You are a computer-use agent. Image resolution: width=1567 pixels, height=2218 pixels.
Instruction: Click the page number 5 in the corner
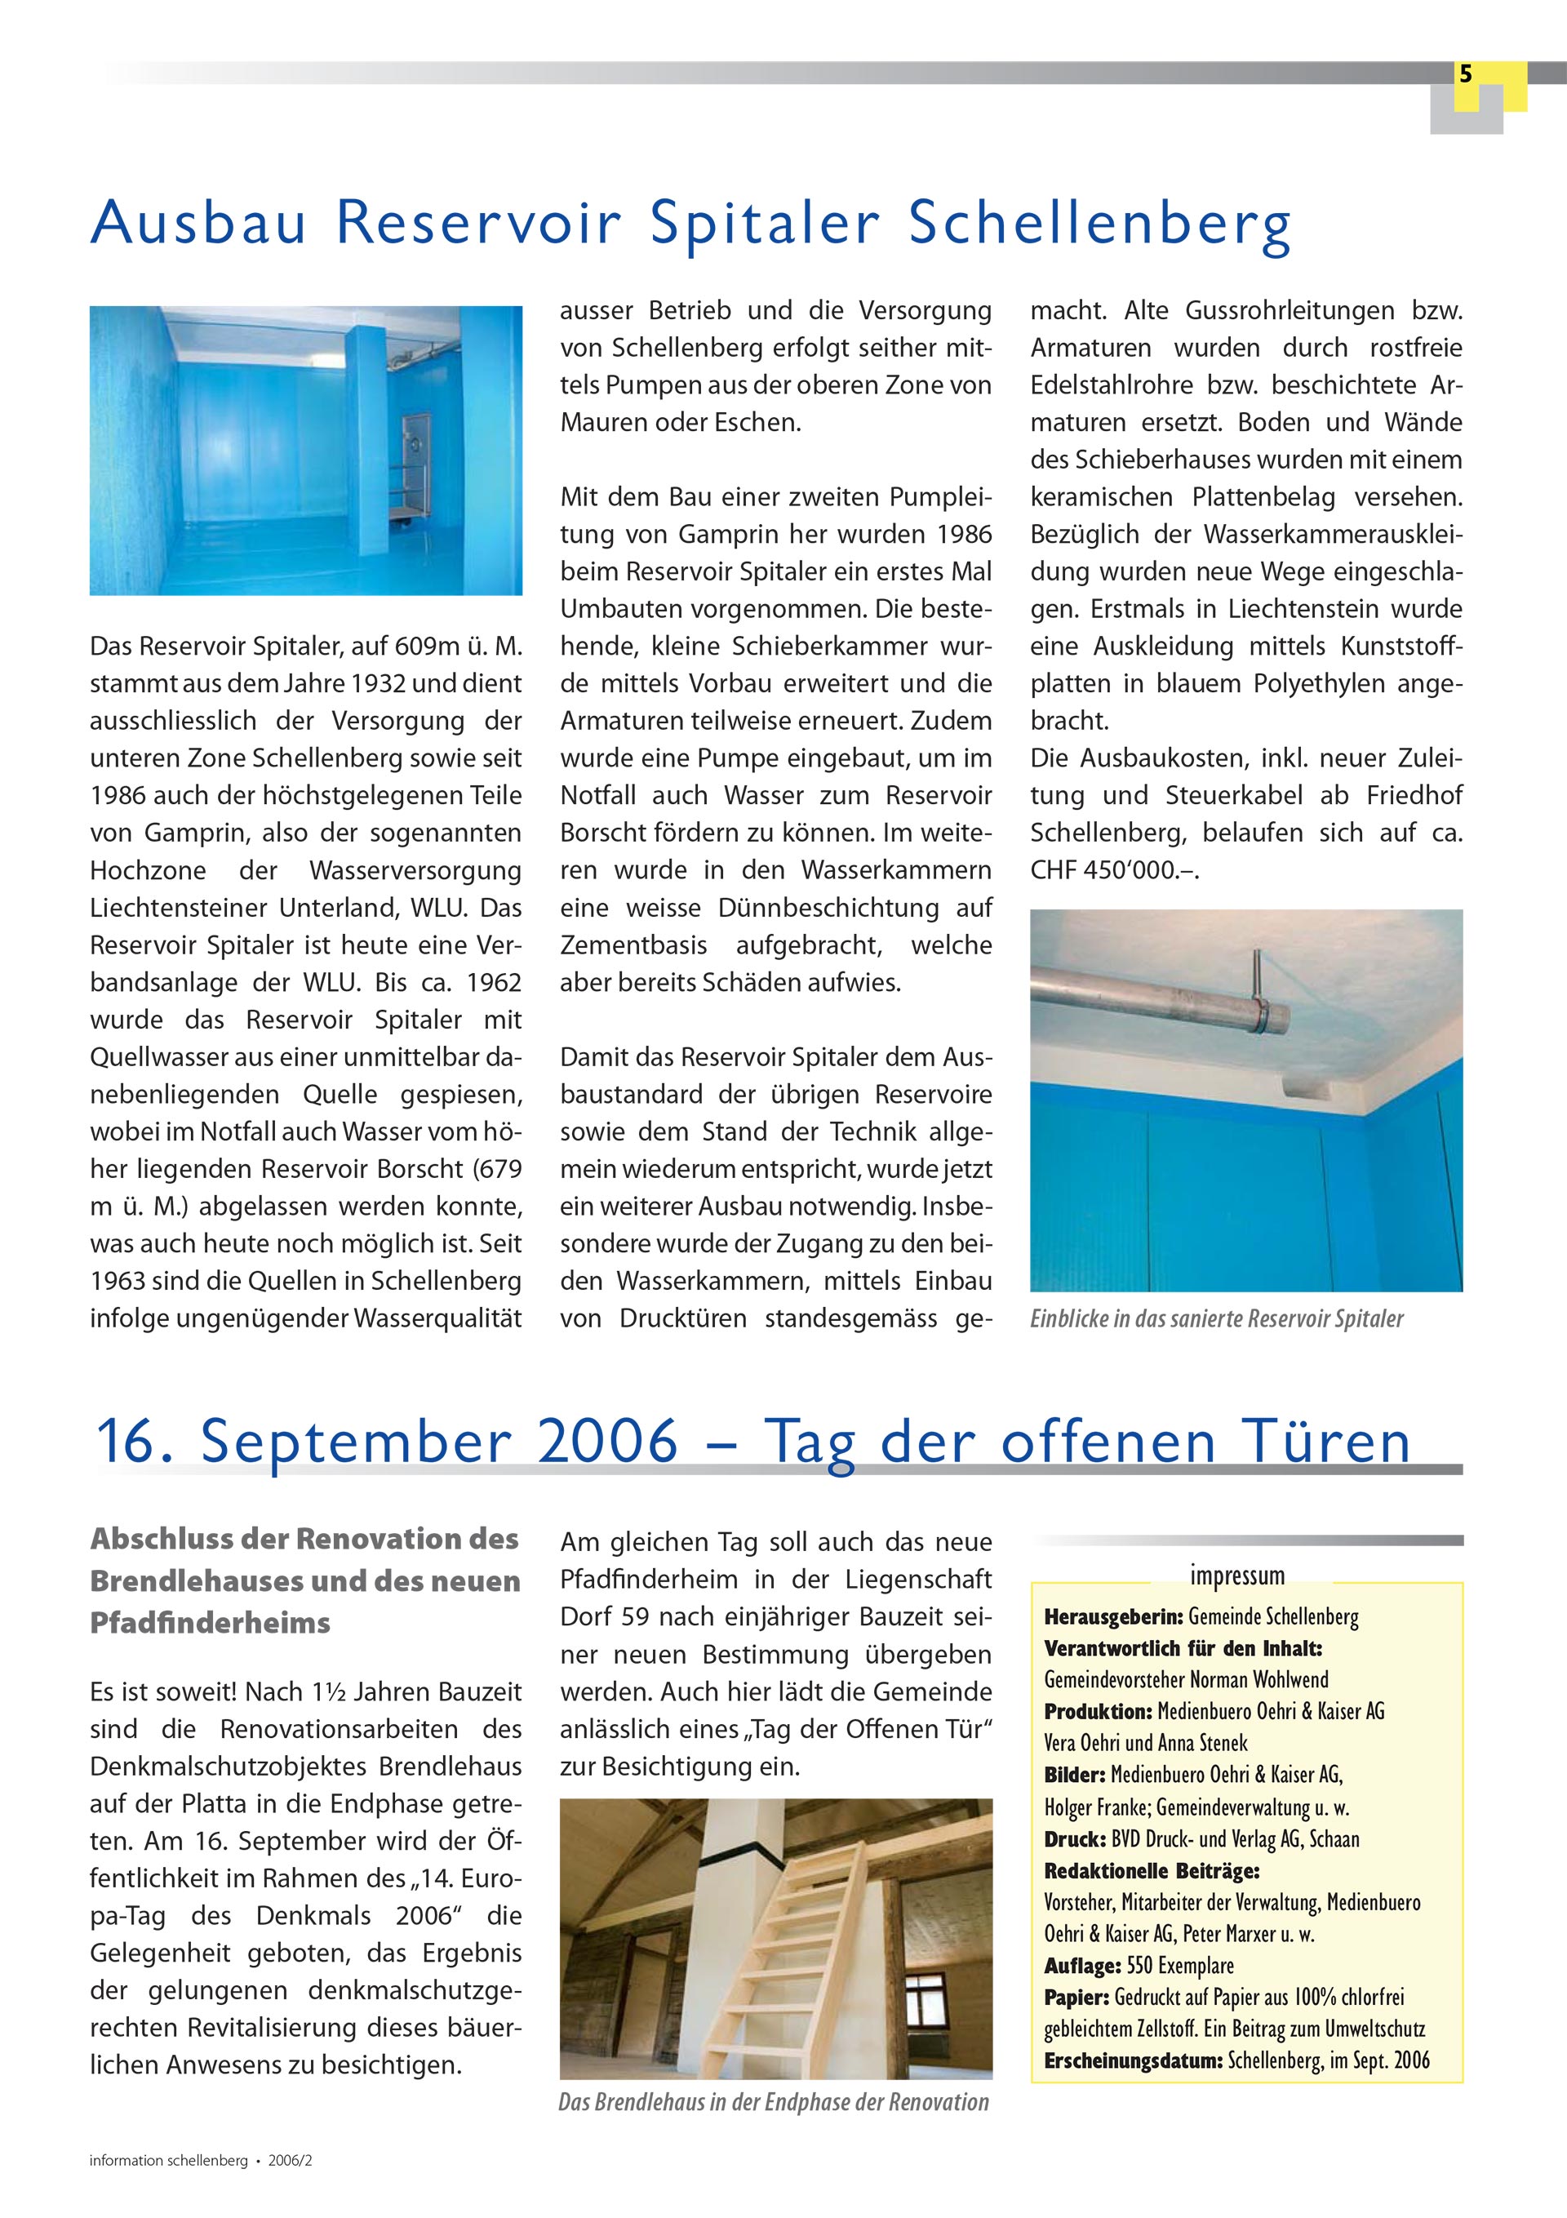[x=1466, y=74]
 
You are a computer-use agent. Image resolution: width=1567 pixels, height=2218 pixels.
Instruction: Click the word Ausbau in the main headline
[x=198, y=223]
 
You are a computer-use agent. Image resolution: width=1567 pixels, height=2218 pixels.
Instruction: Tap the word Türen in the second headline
[x=1326, y=1442]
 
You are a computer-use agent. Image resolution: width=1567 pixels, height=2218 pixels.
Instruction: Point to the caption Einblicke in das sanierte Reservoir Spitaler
[x=1216, y=1318]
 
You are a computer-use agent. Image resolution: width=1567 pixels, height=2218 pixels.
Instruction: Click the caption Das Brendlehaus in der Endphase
[x=773, y=2102]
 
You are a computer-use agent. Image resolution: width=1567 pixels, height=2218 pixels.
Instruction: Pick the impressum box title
[x=1236, y=1576]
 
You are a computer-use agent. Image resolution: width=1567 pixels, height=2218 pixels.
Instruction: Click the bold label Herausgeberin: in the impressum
[x=1113, y=1617]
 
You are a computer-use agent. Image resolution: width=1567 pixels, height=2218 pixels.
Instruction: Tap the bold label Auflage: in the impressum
[x=1082, y=1966]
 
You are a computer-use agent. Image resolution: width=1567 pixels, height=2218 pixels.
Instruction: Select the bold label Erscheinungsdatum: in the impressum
[x=1134, y=2060]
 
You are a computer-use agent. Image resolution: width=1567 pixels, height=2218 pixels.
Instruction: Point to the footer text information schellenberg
[x=169, y=2161]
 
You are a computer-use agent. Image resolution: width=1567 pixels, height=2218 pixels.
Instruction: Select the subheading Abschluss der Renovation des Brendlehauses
[x=304, y=1580]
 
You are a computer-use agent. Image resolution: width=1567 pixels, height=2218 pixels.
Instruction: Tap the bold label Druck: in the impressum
[x=1074, y=1839]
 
